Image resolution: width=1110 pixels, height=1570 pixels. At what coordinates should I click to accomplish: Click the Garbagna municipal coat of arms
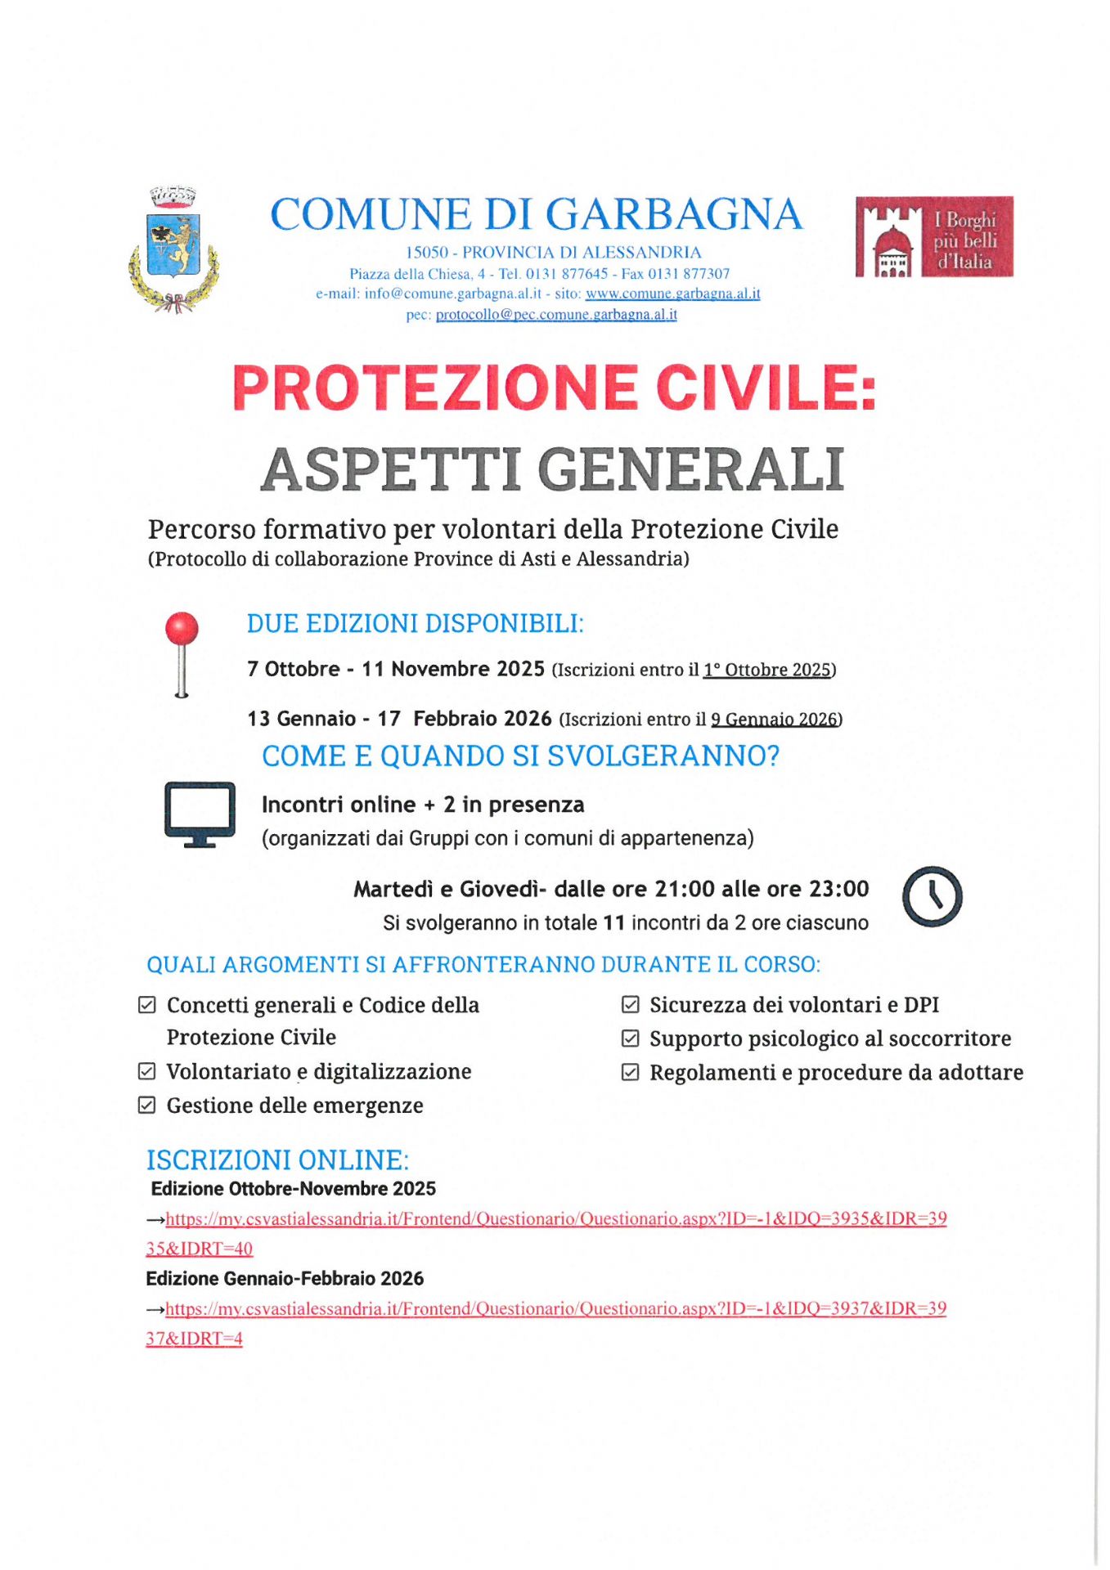click(173, 250)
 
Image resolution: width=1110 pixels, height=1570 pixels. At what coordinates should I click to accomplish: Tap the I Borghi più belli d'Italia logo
click(934, 237)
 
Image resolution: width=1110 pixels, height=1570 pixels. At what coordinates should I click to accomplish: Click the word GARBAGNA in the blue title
click(674, 215)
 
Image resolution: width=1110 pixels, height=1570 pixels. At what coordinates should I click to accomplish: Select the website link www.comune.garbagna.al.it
click(672, 294)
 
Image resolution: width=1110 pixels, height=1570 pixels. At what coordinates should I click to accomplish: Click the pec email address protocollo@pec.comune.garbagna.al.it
click(556, 315)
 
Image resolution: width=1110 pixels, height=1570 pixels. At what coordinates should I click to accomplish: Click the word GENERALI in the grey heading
click(691, 470)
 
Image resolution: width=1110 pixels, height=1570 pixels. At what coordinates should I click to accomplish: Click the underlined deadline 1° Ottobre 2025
click(766, 671)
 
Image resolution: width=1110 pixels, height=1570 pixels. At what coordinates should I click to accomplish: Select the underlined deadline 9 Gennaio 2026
click(774, 720)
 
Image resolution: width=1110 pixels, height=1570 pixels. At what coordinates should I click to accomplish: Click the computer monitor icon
click(200, 814)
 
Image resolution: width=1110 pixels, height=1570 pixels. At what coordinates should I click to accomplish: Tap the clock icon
click(932, 896)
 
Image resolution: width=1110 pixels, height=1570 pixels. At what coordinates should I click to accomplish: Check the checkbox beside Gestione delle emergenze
click(147, 1106)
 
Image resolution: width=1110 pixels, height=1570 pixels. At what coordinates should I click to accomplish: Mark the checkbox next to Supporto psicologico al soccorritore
click(630, 1038)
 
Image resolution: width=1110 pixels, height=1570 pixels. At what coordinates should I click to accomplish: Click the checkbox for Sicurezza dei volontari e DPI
click(630, 1005)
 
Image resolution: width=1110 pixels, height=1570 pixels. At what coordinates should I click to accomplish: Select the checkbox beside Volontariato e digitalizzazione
click(147, 1071)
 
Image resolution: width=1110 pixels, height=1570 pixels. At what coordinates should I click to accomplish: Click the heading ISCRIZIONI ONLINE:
click(277, 1160)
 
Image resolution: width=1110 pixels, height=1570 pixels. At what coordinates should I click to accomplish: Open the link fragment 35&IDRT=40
click(200, 1249)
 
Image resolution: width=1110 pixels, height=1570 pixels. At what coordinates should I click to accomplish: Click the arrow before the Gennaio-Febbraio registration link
click(155, 1310)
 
